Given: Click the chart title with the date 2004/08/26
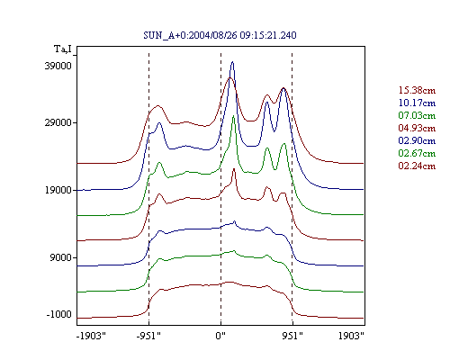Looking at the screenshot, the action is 220,35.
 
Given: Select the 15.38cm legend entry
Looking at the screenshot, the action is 417,90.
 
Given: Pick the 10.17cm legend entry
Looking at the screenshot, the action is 417,103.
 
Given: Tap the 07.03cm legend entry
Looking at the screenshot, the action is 417,115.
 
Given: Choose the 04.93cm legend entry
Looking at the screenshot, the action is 417,128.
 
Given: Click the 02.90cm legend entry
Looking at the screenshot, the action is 417,140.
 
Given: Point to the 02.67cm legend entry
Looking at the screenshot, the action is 417,153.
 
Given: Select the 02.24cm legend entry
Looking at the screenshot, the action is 417,166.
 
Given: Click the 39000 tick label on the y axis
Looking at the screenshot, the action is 58,66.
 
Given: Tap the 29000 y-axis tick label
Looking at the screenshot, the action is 58,122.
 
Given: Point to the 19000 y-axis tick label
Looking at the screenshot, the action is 58,190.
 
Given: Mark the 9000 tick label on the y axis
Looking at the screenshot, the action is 61,257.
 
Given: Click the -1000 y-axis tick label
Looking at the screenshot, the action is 59,314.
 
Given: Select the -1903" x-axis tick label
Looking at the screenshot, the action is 91,336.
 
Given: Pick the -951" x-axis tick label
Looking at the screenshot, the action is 148,336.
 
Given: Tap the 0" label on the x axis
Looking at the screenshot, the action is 220,336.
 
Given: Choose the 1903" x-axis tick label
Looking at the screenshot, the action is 351,336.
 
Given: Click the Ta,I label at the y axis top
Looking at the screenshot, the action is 63,49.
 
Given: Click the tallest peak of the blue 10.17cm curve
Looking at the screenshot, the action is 232,62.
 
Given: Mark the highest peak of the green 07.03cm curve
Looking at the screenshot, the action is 233,116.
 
